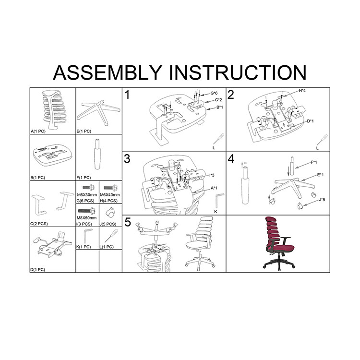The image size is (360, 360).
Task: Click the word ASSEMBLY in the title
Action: point(108,72)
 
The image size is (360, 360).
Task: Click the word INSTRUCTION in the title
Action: point(238,72)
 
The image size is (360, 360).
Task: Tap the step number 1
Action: point(127,95)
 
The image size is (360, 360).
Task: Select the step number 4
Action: point(231,159)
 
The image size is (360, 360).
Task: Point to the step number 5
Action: point(128,222)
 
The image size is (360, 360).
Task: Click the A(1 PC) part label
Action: point(38,132)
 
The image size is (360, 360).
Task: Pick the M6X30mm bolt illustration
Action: point(88,188)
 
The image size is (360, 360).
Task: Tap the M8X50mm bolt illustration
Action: point(87,211)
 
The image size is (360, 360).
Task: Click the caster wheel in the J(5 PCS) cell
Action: point(109,212)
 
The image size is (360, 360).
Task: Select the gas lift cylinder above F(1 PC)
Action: point(97,154)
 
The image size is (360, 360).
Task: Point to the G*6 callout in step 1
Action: point(214,93)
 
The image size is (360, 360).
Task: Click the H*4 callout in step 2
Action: point(302,91)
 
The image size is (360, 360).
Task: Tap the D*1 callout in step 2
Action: point(311,121)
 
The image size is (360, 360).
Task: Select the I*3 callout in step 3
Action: point(212,175)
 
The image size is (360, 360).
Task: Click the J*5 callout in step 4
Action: point(322,200)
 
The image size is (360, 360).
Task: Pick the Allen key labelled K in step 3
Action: point(218,201)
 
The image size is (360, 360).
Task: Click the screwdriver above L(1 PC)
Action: point(111,236)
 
